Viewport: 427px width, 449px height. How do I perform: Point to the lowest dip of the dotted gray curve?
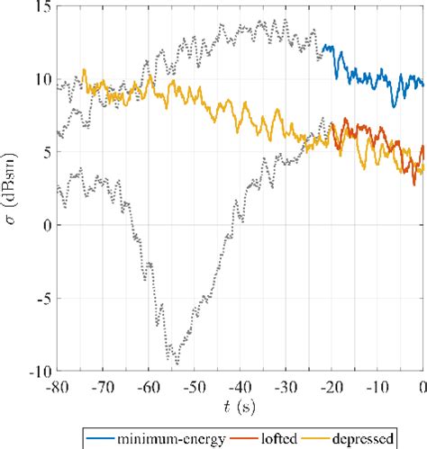click(x=177, y=363)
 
